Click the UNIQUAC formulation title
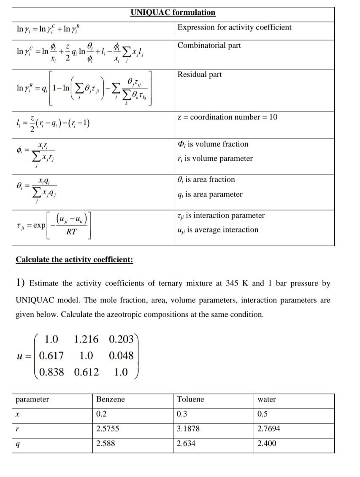click(173, 12)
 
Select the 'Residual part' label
click(199, 75)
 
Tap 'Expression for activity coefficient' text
click(234, 27)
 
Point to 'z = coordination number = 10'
click(227, 117)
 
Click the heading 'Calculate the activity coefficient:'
click(74, 259)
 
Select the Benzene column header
click(111, 399)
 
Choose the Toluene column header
click(190, 399)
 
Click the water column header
click(267, 399)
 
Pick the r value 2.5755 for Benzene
click(108, 428)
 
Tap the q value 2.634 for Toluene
click(186, 443)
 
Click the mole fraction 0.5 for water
click(262, 414)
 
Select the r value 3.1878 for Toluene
click(188, 428)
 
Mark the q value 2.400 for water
click(267, 443)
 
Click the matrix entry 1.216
click(86, 340)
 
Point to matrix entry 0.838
click(51, 372)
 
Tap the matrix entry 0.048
click(121, 356)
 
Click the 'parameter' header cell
click(32, 399)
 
